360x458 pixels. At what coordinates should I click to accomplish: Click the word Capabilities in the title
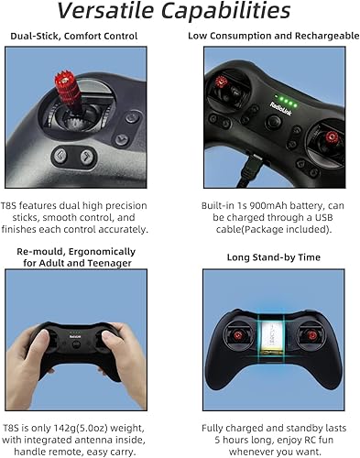click(x=234, y=12)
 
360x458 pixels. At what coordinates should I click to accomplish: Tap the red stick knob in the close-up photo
click(x=72, y=90)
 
